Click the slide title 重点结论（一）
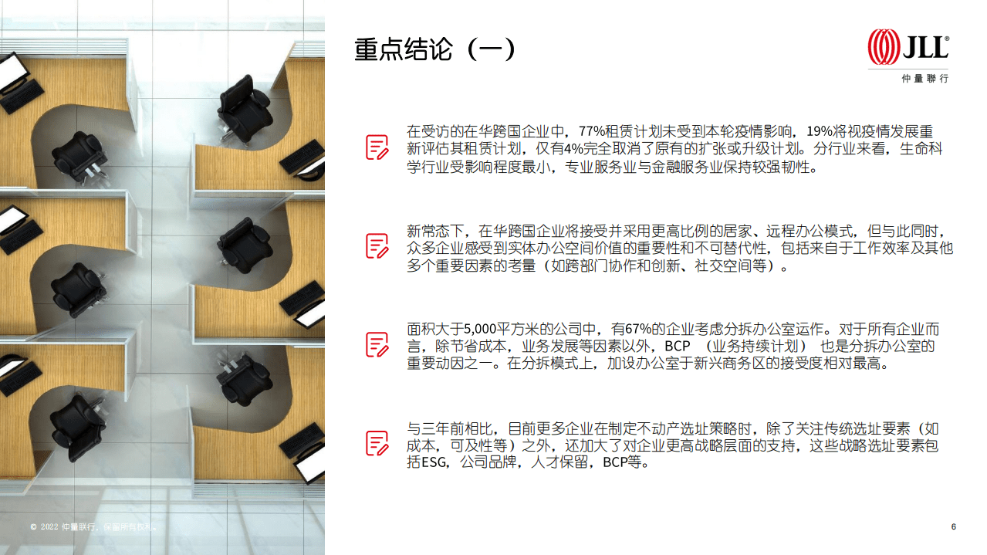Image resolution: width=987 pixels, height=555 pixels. point(434,49)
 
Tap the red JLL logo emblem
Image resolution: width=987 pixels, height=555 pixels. point(884,47)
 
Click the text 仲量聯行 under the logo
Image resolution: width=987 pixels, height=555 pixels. point(924,79)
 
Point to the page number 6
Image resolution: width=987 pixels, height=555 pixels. point(953,526)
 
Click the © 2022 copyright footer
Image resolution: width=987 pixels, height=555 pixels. point(93,527)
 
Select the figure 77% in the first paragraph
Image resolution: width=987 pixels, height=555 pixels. point(592,131)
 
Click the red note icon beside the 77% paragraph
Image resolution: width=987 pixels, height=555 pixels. point(377,147)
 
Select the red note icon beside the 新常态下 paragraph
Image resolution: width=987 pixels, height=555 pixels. point(377,246)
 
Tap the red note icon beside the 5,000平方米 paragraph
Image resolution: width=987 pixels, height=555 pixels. point(377,344)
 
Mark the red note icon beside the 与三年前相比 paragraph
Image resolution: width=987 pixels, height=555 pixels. point(377,443)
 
